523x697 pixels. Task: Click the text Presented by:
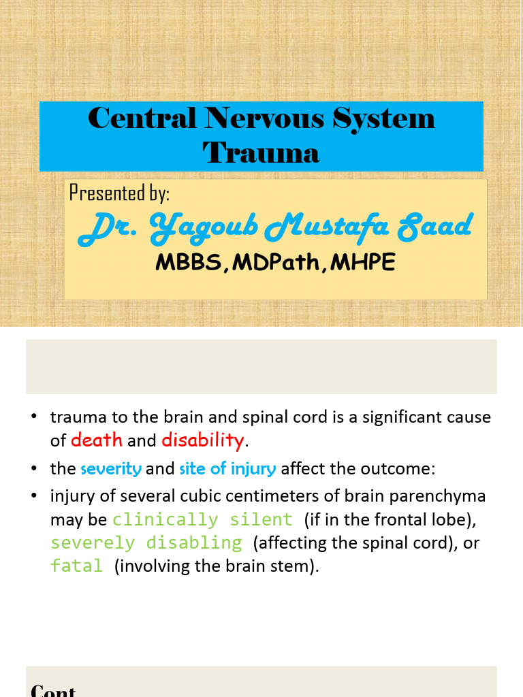(119, 193)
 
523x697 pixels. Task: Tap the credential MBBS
(188, 263)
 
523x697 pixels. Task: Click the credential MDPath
(275, 263)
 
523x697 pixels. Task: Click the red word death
(97, 440)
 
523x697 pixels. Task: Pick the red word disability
(202, 440)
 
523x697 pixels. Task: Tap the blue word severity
(111, 468)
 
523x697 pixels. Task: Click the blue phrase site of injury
(227, 468)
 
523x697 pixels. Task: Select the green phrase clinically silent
(202, 520)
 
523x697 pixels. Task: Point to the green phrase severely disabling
(146, 543)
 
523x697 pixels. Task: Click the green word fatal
(76, 566)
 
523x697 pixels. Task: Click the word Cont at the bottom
(53, 690)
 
